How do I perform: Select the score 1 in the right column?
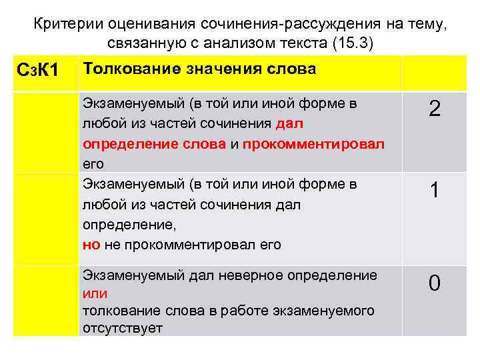tap(434, 192)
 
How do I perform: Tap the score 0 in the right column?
tap(434, 284)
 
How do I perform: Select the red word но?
tap(91, 245)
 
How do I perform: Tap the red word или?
tap(93, 293)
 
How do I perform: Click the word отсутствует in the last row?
tap(123, 329)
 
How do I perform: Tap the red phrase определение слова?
tap(154, 143)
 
